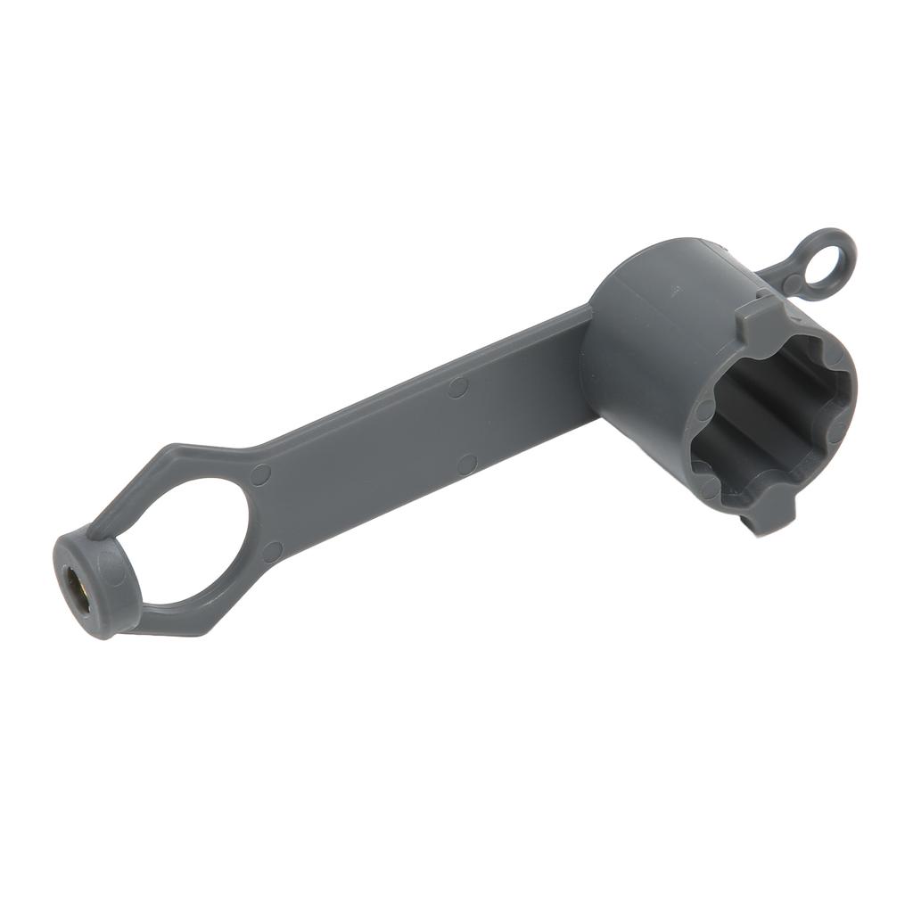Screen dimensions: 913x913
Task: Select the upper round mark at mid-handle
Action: click(457, 387)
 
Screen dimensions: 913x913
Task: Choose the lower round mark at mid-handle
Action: click(466, 464)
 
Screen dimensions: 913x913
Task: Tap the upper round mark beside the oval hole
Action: click(260, 474)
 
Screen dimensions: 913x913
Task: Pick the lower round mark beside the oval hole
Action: click(272, 552)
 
